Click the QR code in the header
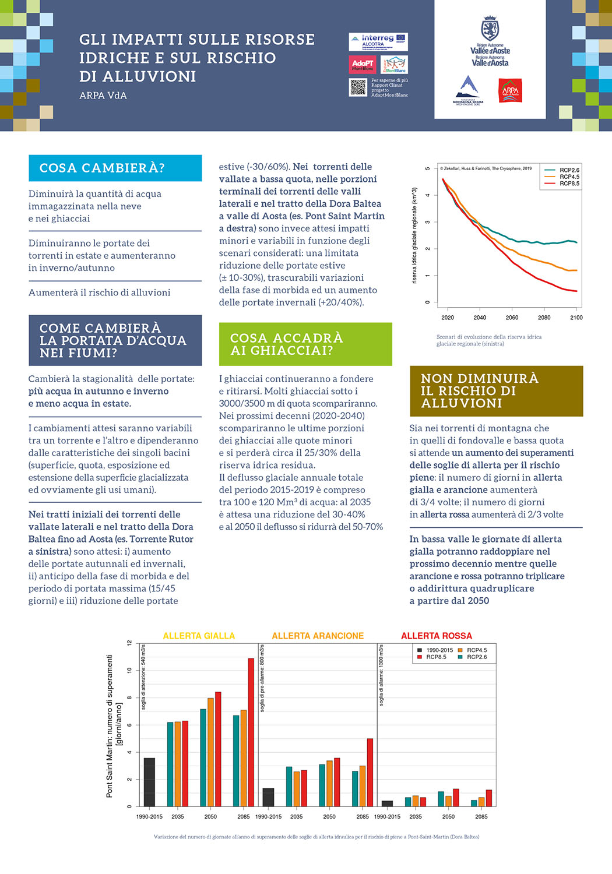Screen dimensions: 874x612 pyautogui.click(x=358, y=87)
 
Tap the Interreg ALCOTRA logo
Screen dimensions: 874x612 pyautogui.click(x=378, y=41)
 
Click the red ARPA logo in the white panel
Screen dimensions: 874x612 pyautogui.click(x=510, y=91)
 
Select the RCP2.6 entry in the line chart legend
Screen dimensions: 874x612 pyautogui.click(x=569, y=170)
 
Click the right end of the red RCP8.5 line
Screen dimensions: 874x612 pyautogui.click(x=576, y=291)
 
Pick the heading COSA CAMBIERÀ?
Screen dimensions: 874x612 pyautogui.click(x=102, y=168)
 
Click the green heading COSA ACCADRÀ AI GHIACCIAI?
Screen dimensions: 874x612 pyautogui.click(x=287, y=344)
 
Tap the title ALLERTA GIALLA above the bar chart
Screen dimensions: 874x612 pyautogui.click(x=199, y=636)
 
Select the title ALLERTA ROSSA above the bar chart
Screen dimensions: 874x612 pyautogui.click(x=436, y=636)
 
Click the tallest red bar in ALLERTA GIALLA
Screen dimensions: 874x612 pyautogui.click(x=251, y=732)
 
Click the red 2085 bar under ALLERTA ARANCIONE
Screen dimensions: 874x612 pyautogui.click(x=370, y=772)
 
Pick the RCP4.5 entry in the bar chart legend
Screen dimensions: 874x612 pyautogui.click(x=476, y=650)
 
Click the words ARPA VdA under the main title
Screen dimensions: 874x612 pyautogui.click(x=103, y=96)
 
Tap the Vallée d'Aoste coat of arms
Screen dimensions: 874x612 pyautogui.click(x=490, y=29)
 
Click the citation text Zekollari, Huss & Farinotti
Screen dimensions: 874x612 pyautogui.click(x=466, y=168)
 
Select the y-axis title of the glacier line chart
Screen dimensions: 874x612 pyautogui.click(x=414, y=235)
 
